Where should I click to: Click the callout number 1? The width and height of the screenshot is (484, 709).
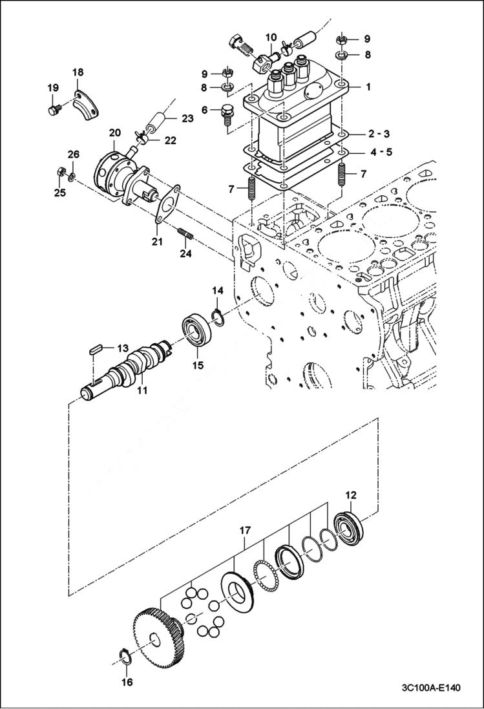pos(368,86)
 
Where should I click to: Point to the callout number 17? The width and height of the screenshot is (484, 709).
pos(244,531)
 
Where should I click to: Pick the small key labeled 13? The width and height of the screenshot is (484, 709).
pos(96,349)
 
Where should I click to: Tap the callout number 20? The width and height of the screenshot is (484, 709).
pos(114,133)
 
